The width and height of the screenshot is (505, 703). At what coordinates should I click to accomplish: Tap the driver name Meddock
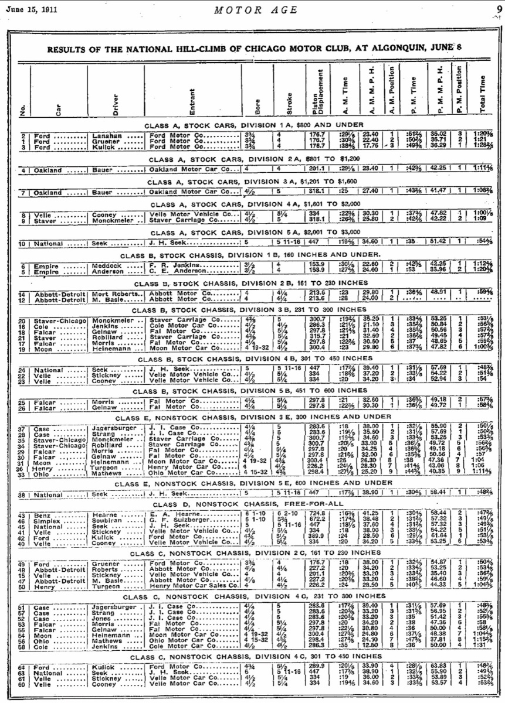pyautogui.click(x=106, y=265)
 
